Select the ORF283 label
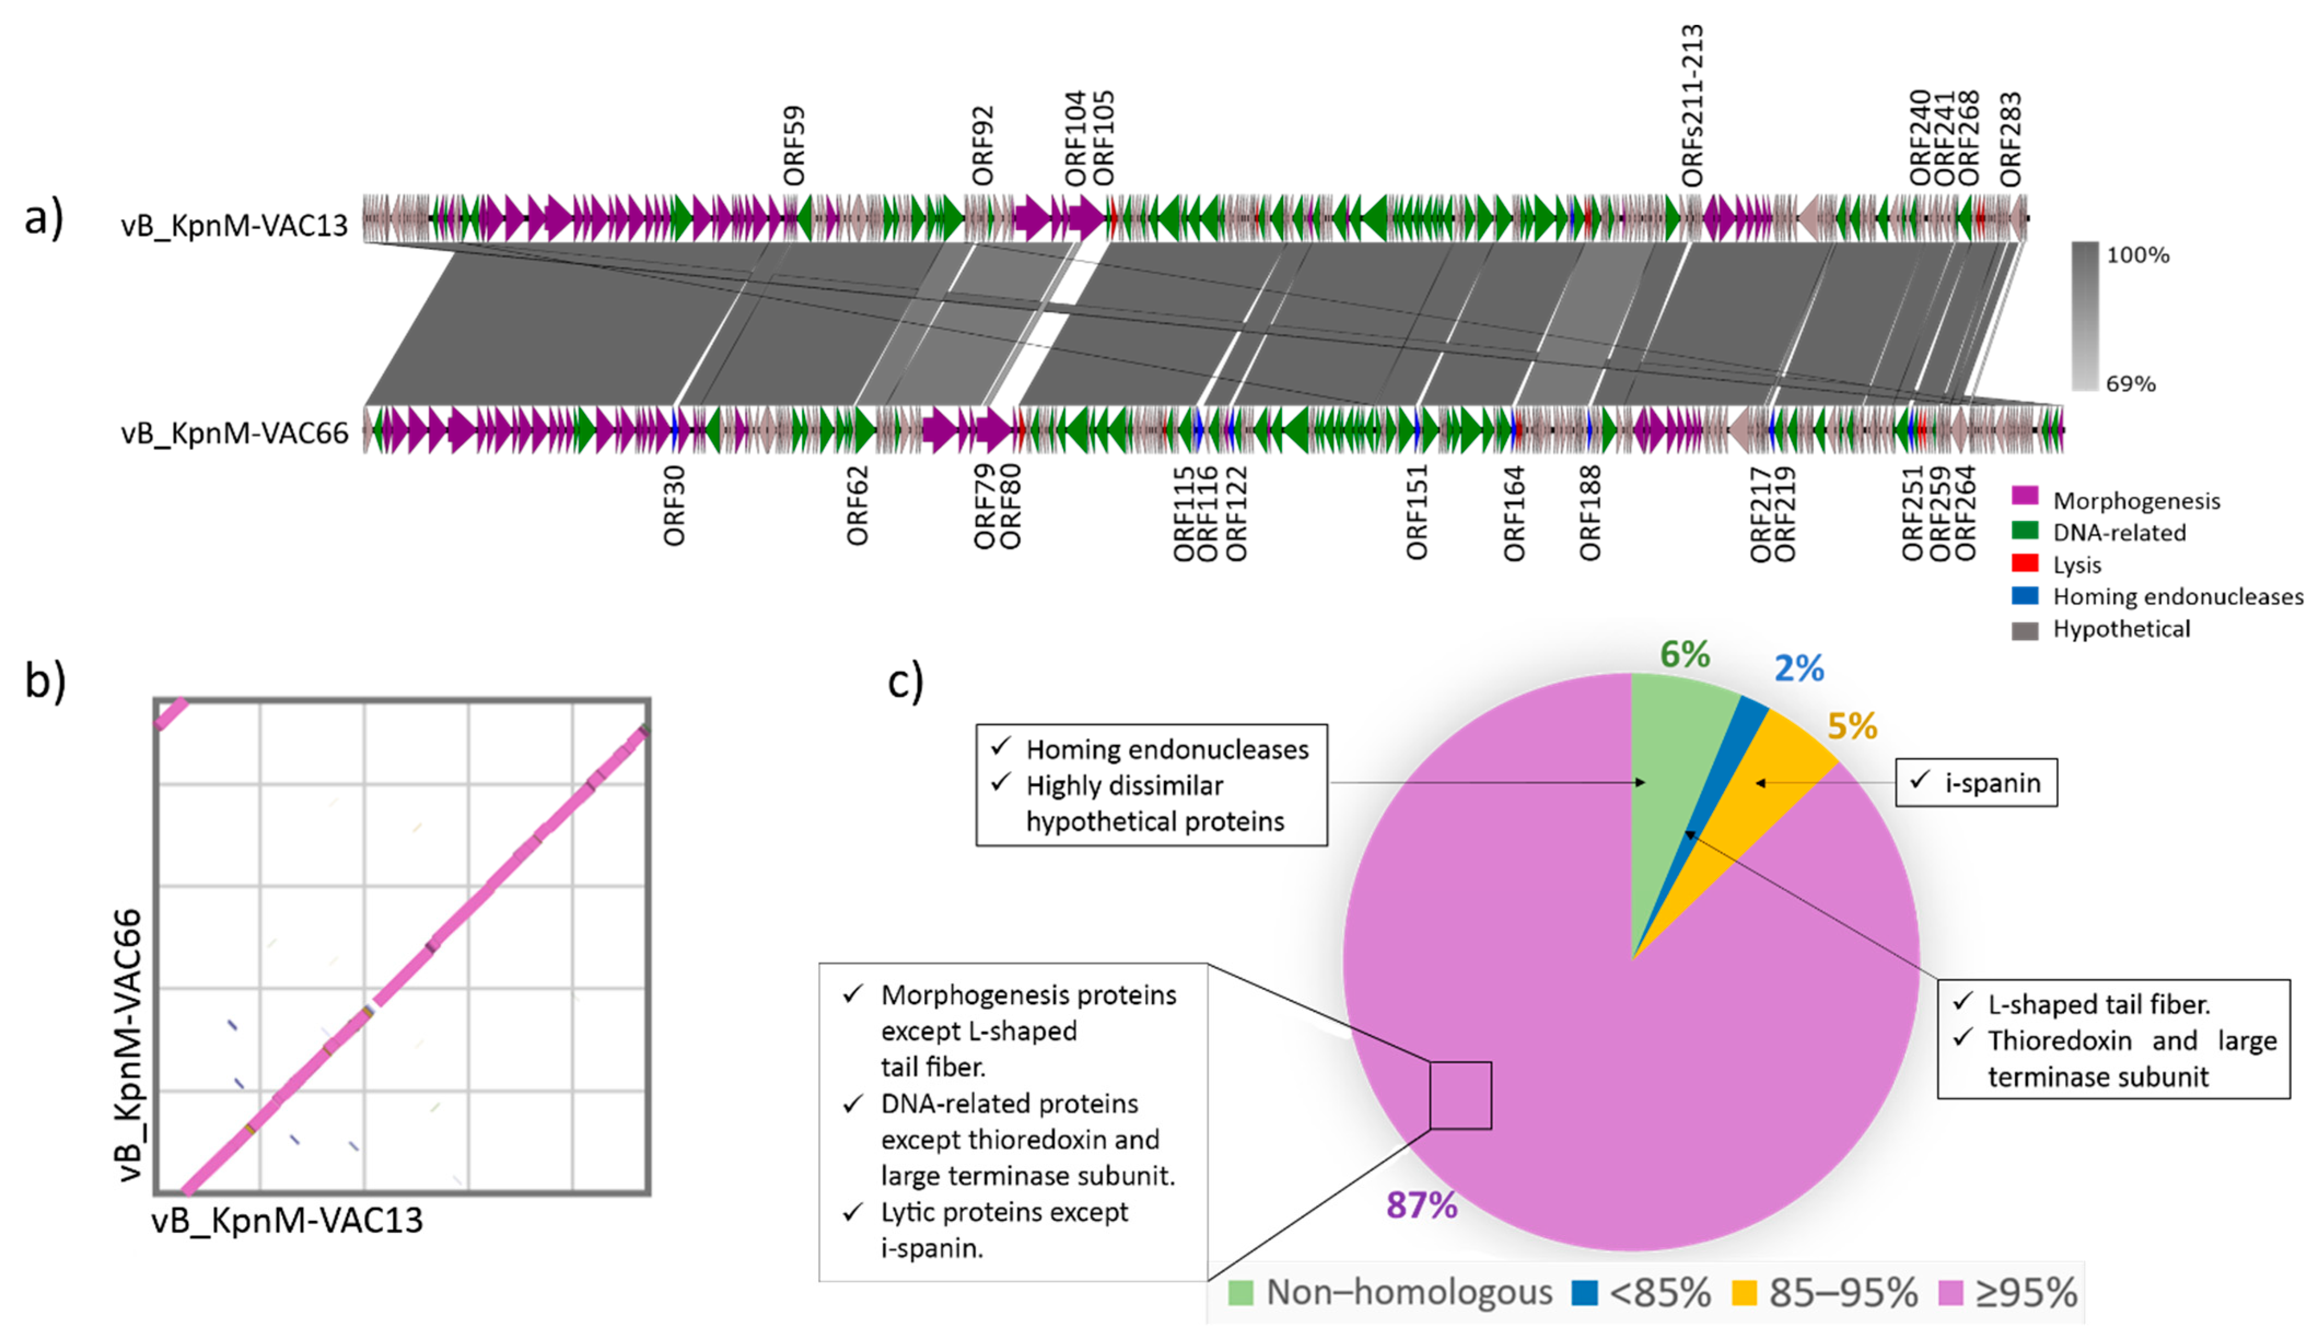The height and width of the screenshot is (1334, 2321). point(2010,139)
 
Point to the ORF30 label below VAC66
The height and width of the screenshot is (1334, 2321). point(674,506)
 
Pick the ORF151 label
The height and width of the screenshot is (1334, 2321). point(1417,513)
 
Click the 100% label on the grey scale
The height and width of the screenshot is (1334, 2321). point(2138,255)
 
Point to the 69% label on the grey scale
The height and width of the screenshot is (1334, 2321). point(2131,384)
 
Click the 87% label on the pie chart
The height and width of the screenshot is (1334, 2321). point(1421,1205)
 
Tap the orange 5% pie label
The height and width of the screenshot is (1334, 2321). point(1852,726)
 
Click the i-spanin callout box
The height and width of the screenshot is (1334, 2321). point(1976,783)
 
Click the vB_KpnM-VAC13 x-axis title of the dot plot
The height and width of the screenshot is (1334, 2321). point(287,1220)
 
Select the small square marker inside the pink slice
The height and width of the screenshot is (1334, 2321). point(1460,1095)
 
